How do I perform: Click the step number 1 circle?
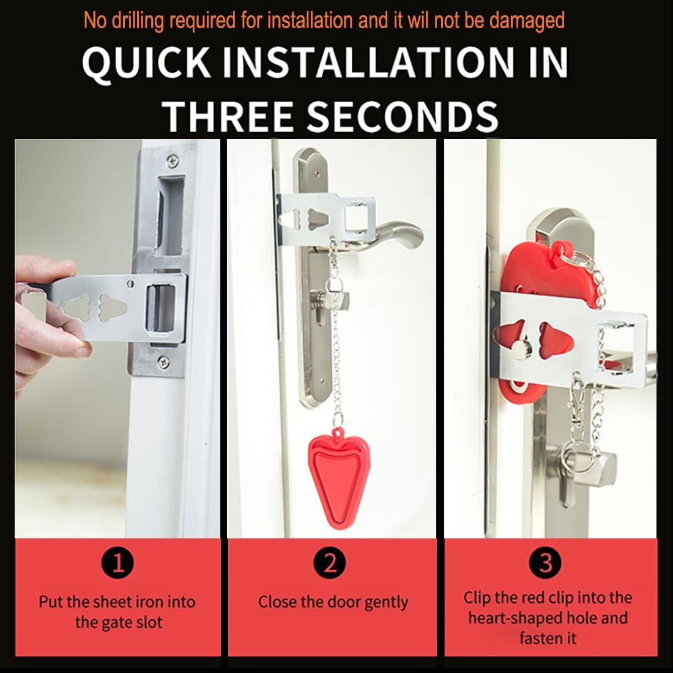pos(118,562)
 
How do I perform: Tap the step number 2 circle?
pos(330,562)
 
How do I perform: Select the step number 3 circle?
pos(546,562)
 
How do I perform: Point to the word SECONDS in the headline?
pos(402,116)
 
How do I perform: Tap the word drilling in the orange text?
pos(135,20)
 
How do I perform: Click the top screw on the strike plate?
pos(174,160)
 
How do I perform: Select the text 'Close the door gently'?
pos(333,602)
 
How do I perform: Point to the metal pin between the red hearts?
pos(522,349)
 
